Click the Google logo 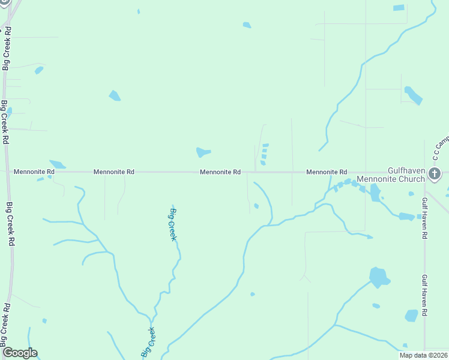(20, 353)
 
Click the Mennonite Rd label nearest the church (327, 172)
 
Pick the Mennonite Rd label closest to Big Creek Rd (34, 172)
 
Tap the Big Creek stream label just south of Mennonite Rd (173, 224)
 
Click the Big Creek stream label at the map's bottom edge (148, 343)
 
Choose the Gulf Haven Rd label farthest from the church (424, 295)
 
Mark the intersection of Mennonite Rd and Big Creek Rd (7, 172)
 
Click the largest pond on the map (379, 278)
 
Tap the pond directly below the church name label (375, 193)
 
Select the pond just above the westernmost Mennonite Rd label (58, 164)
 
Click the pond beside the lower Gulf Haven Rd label (411, 315)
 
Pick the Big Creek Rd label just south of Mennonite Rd (10, 224)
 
